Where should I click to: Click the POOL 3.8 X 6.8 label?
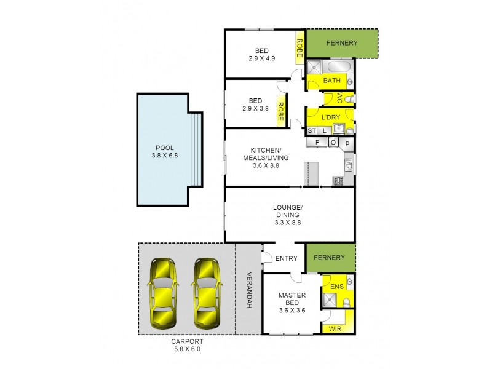(x=164, y=152)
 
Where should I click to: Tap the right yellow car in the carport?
(x=206, y=293)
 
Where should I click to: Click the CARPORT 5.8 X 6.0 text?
(x=187, y=345)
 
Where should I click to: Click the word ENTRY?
(x=287, y=259)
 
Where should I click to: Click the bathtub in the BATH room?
(x=338, y=66)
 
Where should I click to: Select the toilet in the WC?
(x=349, y=98)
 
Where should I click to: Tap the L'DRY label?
(x=331, y=117)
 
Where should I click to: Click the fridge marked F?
(x=317, y=143)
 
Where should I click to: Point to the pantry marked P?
(x=347, y=143)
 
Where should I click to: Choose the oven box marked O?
(x=333, y=143)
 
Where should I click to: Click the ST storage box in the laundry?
(x=311, y=130)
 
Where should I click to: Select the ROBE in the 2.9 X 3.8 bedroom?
(x=280, y=111)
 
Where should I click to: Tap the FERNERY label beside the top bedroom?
(x=342, y=43)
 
